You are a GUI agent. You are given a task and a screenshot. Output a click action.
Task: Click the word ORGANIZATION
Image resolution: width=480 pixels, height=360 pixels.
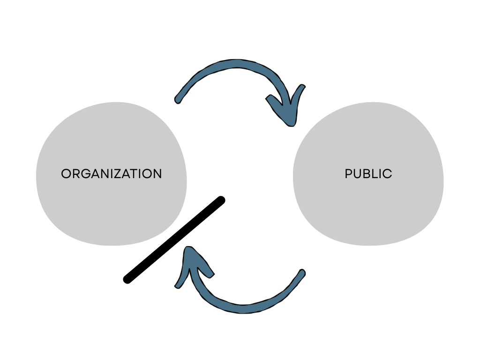(x=112, y=174)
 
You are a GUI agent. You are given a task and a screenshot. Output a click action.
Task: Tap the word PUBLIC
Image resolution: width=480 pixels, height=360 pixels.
(x=368, y=174)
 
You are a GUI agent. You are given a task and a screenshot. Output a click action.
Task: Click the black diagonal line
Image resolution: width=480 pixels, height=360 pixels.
(x=174, y=240)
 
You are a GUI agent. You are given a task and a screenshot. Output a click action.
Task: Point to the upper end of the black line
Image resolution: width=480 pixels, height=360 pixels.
(x=221, y=201)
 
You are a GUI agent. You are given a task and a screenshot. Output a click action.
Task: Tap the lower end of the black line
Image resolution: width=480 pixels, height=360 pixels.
(x=127, y=279)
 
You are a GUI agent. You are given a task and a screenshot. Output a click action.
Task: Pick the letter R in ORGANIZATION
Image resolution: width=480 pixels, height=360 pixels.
(x=76, y=174)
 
